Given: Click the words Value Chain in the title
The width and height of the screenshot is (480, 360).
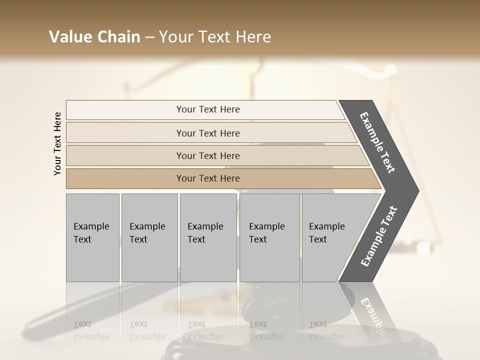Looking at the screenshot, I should (x=94, y=37).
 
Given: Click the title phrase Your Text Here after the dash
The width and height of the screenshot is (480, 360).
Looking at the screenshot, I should (x=215, y=37).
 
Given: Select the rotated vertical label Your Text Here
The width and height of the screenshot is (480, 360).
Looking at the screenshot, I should (x=57, y=143).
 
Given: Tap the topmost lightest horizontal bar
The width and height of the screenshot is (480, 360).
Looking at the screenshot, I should (x=208, y=109).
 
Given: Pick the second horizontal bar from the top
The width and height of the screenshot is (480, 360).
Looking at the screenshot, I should (x=208, y=133).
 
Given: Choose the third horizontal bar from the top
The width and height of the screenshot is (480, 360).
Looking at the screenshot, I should (x=208, y=155).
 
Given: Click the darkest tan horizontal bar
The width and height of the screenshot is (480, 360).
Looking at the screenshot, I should (x=208, y=178).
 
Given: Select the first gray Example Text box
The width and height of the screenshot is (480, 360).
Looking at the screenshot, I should (x=92, y=237).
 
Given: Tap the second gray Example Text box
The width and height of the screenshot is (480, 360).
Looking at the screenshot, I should (x=149, y=237).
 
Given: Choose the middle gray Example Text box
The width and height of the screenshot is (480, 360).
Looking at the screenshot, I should (x=208, y=237).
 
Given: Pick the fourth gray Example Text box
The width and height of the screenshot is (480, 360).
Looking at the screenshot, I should (x=269, y=237).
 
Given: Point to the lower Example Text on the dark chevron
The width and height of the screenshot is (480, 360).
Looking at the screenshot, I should (x=379, y=236).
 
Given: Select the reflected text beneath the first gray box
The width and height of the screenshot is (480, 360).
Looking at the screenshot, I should (x=91, y=330).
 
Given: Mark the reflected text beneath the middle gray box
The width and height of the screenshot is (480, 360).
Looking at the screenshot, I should (x=205, y=330).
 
